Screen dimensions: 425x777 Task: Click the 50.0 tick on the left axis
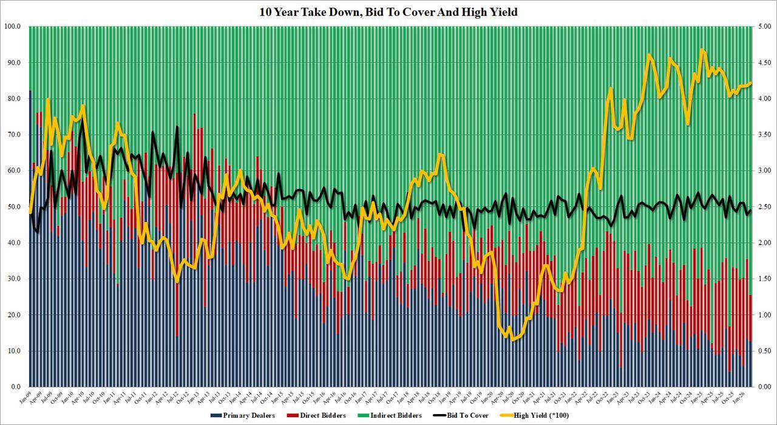(x=14, y=207)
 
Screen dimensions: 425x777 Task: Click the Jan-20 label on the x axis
(x=490, y=397)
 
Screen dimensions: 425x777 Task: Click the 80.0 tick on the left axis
(x=14, y=99)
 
